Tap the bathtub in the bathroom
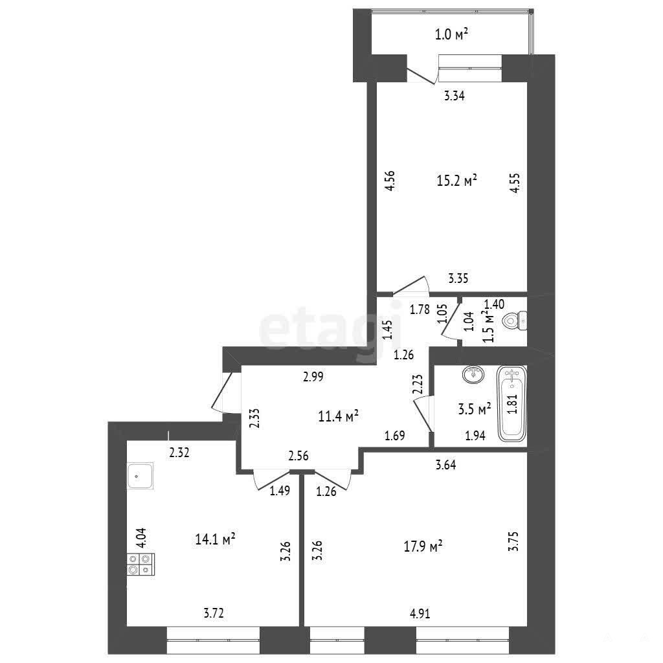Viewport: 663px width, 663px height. [x=512, y=403]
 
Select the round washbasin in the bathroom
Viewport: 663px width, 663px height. [x=475, y=374]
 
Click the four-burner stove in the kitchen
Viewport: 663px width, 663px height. [x=140, y=564]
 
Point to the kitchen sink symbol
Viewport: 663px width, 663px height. [x=140, y=476]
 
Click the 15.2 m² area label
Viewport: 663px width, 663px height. [x=456, y=181]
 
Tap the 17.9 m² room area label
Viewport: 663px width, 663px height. [x=423, y=546]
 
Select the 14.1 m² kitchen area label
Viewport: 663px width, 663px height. [x=215, y=539]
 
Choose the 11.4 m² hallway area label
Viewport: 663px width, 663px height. [x=338, y=416]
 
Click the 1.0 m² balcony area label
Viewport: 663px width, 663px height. [x=451, y=34]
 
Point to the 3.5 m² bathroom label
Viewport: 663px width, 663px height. [x=475, y=409]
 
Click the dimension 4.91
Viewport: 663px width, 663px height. [x=420, y=614]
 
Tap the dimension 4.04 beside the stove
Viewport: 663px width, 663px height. [x=140, y=538]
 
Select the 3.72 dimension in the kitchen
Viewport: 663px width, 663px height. [x=214, y=612]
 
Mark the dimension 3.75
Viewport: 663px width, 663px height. [x=513, y=542]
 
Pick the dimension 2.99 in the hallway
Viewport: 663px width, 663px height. [x=313, y=376]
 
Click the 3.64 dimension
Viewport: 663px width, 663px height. [x=445, y=465]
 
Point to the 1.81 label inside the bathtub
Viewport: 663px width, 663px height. [x=512, y=404]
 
